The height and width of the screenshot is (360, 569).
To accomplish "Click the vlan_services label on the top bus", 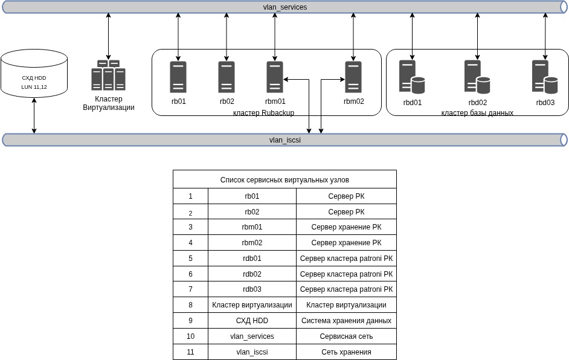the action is click(x=285, y=7).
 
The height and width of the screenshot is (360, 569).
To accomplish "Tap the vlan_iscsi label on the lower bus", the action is click(x=285, y=140).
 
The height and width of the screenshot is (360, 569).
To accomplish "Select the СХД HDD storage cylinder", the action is click(x=34, y=74).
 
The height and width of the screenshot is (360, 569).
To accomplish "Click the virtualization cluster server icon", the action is click(x=109, y=75).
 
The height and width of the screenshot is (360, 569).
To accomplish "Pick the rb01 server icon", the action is click(x=178, y=77).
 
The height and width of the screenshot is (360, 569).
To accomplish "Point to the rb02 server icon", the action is click(x=227, y=77).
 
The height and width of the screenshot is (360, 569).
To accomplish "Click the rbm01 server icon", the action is click(x=275, y=77).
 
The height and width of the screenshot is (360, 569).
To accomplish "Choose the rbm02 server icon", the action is click(x=353, y=77).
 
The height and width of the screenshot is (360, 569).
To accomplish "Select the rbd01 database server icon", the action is click(x=412, y=77).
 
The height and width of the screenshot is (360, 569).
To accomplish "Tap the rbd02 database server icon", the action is click(x=477, y=77).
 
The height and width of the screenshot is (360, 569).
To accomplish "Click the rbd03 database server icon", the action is click(x=545, y=77).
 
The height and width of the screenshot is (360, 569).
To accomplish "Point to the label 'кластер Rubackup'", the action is click(x=263, y=113).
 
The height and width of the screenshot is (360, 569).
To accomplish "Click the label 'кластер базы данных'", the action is click(x=477, y=113).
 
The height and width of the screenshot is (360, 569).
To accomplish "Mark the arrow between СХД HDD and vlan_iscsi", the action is click(x=34, y=116).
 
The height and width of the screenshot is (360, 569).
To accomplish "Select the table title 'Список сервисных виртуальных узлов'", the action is click(x=284, y=179).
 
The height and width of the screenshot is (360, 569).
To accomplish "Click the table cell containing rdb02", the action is click(x=252, y=274).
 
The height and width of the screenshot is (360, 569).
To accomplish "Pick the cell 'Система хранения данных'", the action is click(x=346, y=321).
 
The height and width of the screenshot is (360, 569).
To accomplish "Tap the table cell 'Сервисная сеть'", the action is click(x=346, y=336).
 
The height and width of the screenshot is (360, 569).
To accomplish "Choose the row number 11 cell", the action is click(x=190, y=352).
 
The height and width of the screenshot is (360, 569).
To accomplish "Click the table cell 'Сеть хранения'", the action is click(x=346, y=352).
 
